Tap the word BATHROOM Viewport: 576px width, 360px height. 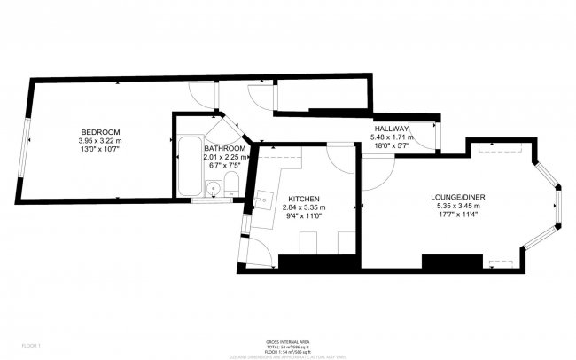pos(224,149)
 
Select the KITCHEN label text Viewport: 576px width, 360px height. pos(303,199)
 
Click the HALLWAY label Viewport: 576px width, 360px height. pos(390,129)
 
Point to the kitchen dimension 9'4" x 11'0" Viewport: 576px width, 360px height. pos(303,215)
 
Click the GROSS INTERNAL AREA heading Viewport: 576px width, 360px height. pos(287,340)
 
